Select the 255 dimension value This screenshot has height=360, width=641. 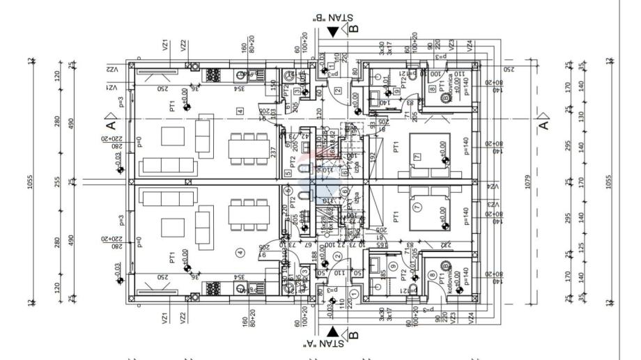pyautogui.click(x=73, y=182)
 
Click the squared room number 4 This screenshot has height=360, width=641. pyautogui.click(x=240, y=111)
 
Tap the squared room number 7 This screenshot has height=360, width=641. pyautogui.click(x=417, y=158)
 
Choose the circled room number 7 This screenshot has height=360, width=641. pyautogui.click(x=417, y=208)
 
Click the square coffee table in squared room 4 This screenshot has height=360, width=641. pyautogui.click(x=172, y=136)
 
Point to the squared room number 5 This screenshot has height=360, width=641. pyautogui.click(x=288, y=173)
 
